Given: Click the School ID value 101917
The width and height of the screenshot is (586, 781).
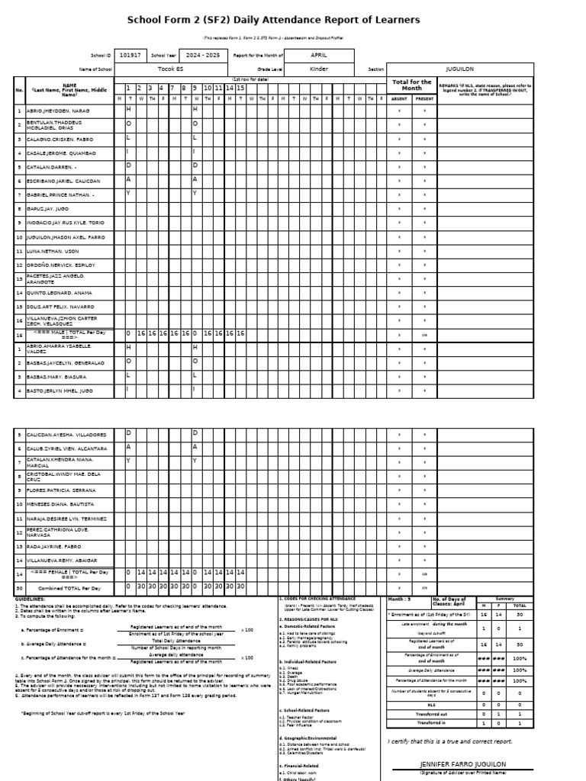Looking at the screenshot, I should [130, 56].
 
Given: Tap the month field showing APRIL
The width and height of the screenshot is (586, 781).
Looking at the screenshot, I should [319, 56].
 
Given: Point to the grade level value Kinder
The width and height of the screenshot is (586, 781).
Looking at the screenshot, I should [319, 69].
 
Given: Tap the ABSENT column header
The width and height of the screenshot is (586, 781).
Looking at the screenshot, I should [399, 98].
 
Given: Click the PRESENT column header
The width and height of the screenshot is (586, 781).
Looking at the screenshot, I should [424, 98].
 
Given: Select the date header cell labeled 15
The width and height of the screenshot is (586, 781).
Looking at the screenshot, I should [240, 88].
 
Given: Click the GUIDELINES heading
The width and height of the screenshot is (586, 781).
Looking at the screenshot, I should [30, 599].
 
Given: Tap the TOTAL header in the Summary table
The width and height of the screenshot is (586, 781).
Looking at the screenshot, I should [519, 605].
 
